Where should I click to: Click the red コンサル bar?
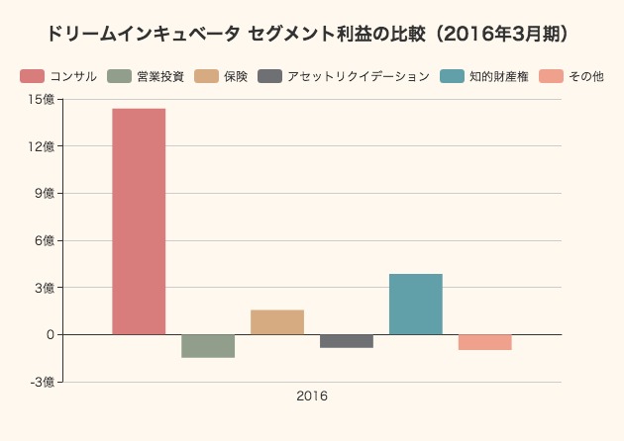(x=139, y=221)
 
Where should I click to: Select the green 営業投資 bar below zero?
(x=208, y=346)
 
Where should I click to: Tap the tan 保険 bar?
(x=277, y=322)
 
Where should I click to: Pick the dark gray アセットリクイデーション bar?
(x=347, y=341)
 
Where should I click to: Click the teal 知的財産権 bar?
(x=416, y=305)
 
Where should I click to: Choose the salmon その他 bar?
(x=485, y=342)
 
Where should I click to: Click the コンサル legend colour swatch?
(x=32, y=76)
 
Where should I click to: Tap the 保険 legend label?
(x=236, y=76)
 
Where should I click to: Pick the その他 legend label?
(x=586, y=76)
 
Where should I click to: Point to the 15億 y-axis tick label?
(x=44, y=99)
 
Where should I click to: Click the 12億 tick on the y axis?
(x=44, y=146)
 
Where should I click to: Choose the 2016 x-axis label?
(x=312, y=397)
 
